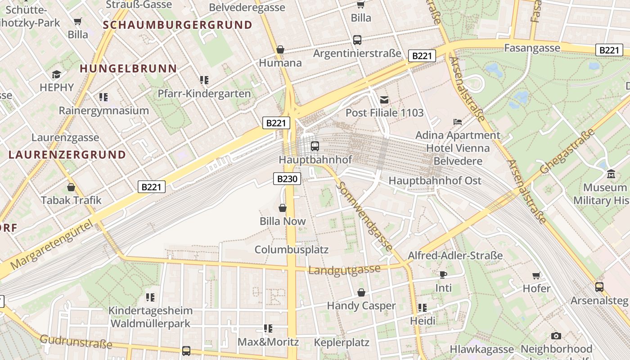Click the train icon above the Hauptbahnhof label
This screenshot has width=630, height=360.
point(315,146)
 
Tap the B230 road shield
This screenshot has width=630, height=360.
point(287,179)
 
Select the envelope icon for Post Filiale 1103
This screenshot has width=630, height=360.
point(384,99)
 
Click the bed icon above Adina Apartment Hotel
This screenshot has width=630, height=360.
point(458,122)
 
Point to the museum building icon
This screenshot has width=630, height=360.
point(611,174)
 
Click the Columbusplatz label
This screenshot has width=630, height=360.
point(292,249)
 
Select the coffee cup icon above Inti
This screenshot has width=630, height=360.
point(443,274)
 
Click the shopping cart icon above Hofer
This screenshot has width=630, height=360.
point(536,275)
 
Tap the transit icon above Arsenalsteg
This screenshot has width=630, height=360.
point(599,287)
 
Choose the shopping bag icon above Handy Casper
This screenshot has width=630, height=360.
point(361,293)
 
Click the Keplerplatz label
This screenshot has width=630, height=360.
point(342,342)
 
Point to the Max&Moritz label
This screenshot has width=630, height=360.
point(268,342)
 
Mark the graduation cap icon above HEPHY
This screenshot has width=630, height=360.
point(56,74)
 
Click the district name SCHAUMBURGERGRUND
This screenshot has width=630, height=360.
point(177,25)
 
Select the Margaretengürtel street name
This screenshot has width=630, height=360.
point(54,245)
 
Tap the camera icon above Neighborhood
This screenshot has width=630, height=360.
point(556,336)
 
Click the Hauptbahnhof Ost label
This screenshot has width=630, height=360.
point(435,181)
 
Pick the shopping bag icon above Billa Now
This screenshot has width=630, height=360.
point(283,208)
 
